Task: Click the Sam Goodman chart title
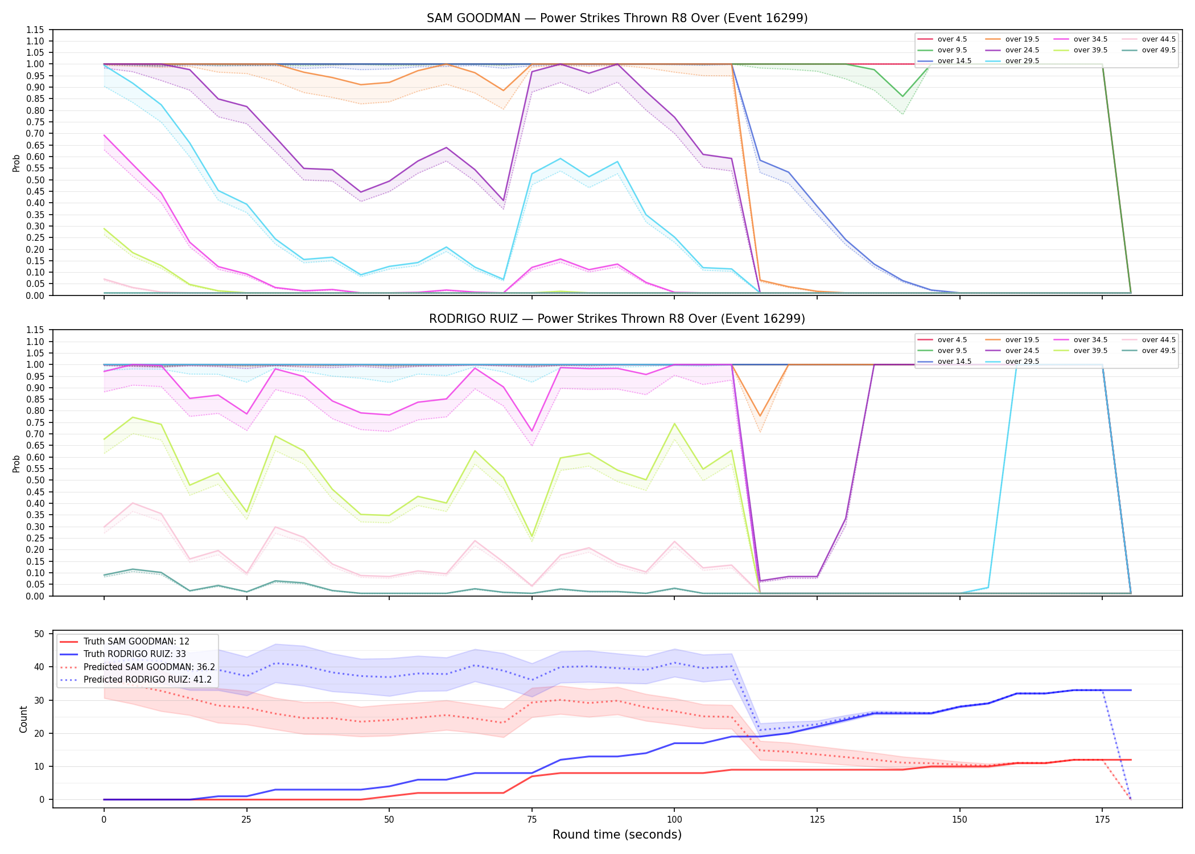click(x=617, y=18)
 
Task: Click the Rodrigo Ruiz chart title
click(x=617, y=319)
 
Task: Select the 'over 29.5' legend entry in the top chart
click(x=1013, y=61)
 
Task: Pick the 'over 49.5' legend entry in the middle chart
click(x=1149, y=351)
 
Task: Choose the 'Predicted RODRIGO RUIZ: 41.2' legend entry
click(x=136, y=680)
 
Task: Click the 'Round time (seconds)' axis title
click(x=617, y=835)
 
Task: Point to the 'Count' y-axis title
click(x=23, y=719)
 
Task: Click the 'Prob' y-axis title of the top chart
click(x=17, y=163)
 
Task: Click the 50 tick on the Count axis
click(x=39, y=634)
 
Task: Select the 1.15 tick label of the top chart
click(x=35, y=30)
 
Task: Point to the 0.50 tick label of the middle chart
click(x=35, y=480)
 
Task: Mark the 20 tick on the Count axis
click(x=39, y=733)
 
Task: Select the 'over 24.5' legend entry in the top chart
click(x=1013, y=50)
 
